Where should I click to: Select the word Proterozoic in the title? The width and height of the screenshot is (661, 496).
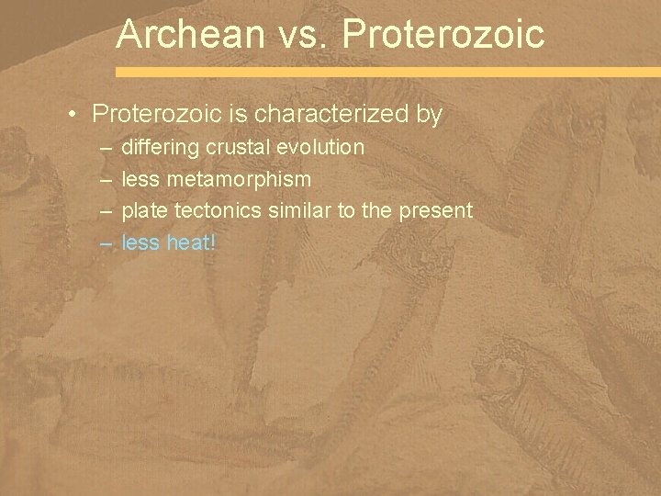tap(442, 35)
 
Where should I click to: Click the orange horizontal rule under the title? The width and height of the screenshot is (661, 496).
tap(387, 71)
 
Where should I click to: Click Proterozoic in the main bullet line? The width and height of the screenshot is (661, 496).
tap(151, 115)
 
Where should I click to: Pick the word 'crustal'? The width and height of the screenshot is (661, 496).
tap(236, 147)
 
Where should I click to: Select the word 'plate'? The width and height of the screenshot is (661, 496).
tap(145, 210)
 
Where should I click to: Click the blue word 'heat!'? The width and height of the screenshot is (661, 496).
tap(189, 242)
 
